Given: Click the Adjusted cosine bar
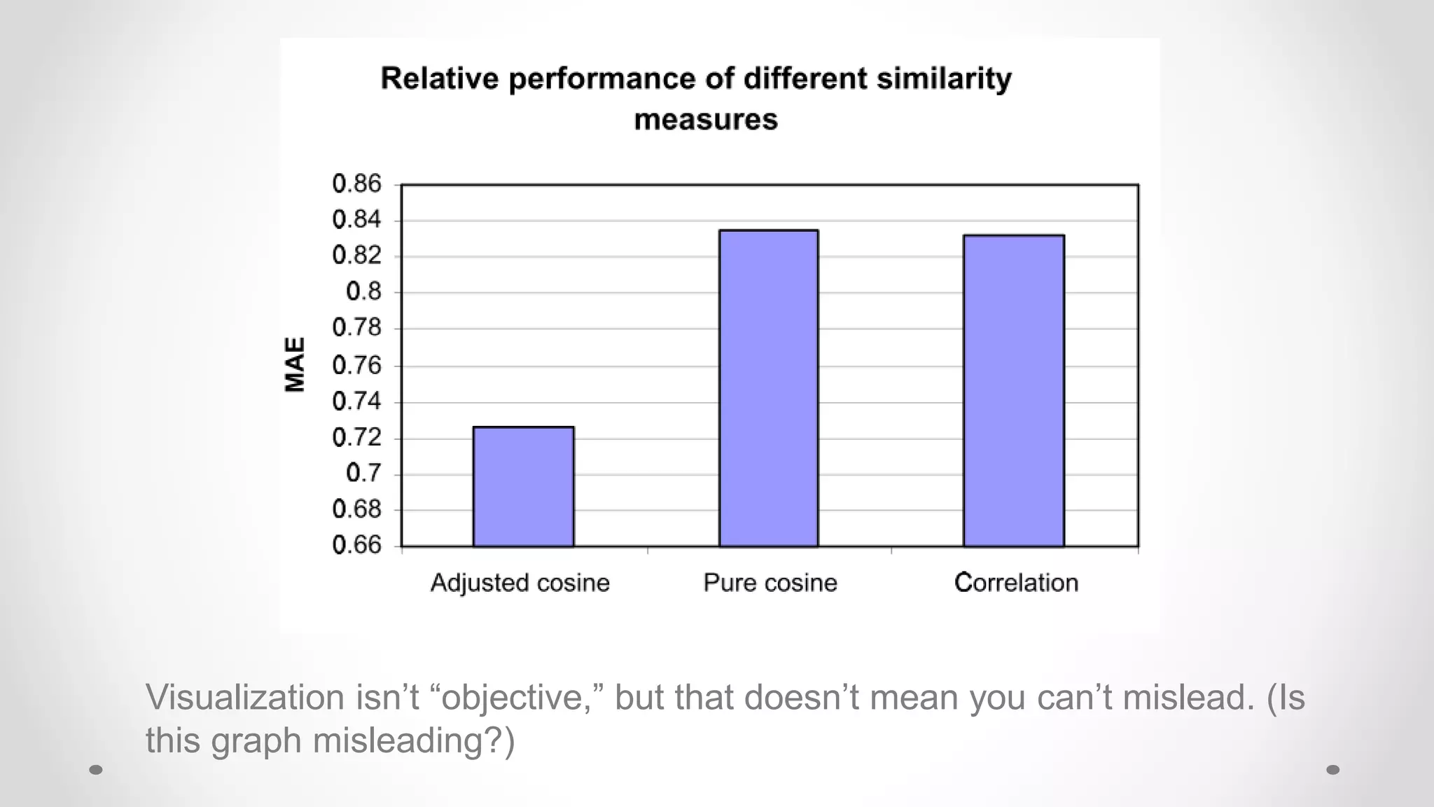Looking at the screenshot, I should [x=523, y=486].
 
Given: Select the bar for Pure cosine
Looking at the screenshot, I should [x=769, y=388].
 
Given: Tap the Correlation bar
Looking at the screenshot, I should [x=1013, y=390].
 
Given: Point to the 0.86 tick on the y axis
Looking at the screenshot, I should [x=356, y=184].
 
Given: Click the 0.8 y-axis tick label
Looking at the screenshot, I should [x=363, y=291].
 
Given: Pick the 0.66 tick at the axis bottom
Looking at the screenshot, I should [x=356, y=545].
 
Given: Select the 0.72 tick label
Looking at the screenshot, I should [x=356, y=438].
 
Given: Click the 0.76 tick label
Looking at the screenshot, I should [x=356, y=365].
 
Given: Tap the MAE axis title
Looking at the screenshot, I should [x=295, y=364].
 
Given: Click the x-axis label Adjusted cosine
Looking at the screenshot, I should [x=520, y=583].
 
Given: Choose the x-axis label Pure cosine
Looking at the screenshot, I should [x=770, y=583].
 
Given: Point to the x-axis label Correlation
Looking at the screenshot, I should [x=1015, y=583].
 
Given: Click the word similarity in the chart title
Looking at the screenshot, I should [x=944, y=78].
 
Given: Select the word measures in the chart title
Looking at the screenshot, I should [x=705, y=120].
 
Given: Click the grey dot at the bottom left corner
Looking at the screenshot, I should [x=97, y=770].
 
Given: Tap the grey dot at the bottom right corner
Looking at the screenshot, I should [x=1333, y=770].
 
